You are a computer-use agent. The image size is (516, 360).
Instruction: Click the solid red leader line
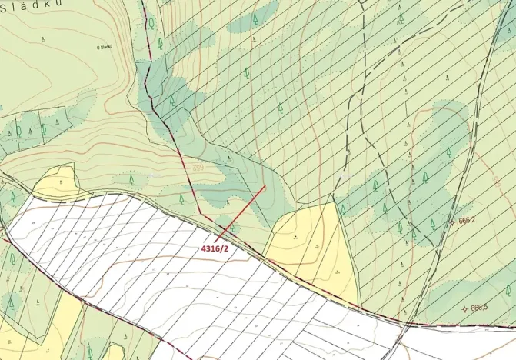(243, 211)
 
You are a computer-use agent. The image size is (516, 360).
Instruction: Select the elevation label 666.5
(480, 308)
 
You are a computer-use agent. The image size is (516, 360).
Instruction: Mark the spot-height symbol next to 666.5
(464, 308)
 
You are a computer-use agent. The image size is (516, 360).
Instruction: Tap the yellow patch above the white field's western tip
(55, 183)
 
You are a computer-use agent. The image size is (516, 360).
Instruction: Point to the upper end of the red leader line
(265, 185)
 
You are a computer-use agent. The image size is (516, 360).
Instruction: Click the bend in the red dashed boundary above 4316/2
(199, 212)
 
